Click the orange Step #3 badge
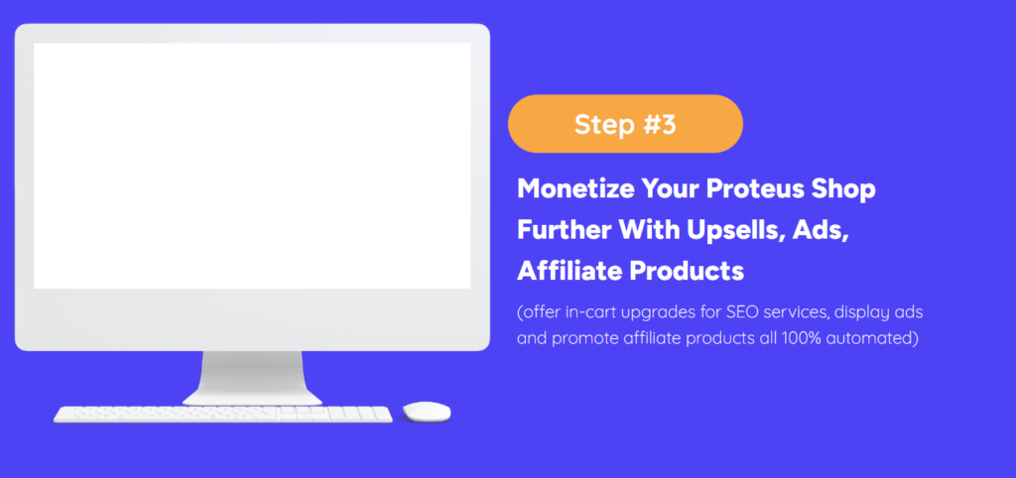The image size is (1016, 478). pyautogui.click(x=625, y=124)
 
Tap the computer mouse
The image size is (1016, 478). pyautogui.click(x=427, y=412)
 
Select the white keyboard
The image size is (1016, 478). pyautogui.click(x=223, y=415)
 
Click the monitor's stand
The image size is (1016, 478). pyautogui.click(x=252, y=378)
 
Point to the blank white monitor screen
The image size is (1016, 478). pyautogui.click(x=252, y=166)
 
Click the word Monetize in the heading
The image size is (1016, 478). pyautogui.click(x=574, y=189)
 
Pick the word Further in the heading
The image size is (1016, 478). pyautogui.click(x=564, y=231)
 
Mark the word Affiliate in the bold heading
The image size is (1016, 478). pyautogui.click(x=570, y=272)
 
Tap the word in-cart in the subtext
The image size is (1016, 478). pyautogui.click(x=586, y=312)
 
